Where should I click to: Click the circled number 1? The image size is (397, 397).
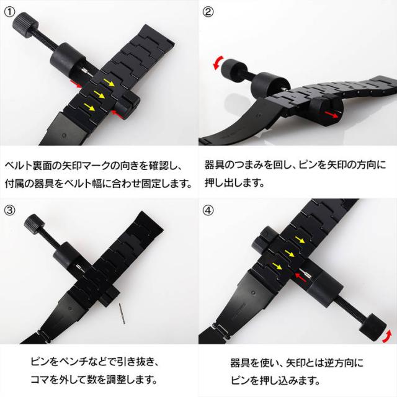(10, 11)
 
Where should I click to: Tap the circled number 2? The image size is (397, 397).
(208, 11)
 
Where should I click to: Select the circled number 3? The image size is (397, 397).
(10, 210)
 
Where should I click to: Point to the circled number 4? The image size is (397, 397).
(208, 210)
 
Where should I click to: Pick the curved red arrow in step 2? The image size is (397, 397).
(218, 62)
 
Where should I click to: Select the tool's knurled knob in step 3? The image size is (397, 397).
(30, 221)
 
